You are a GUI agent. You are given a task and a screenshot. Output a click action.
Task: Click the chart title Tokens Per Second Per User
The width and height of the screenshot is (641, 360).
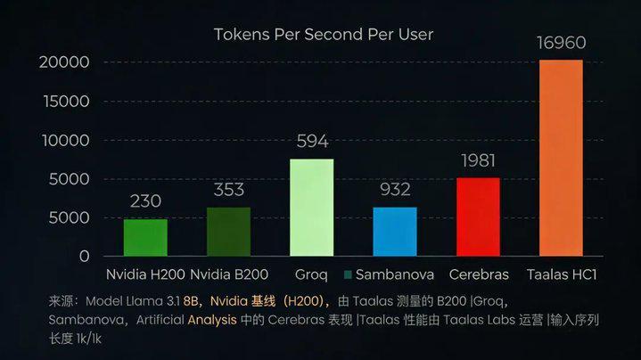click(x=324, y=35)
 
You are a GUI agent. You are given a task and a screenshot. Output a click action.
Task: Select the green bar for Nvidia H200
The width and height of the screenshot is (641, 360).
click(x=145, y=237)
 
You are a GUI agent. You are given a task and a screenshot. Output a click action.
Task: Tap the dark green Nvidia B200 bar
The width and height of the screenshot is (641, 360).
click(x=229, y=232)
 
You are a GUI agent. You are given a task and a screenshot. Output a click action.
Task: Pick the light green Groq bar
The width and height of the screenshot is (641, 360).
click(x=312, y=208)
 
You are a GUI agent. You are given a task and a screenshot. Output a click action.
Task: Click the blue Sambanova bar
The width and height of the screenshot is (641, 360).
click(x=395, y=232)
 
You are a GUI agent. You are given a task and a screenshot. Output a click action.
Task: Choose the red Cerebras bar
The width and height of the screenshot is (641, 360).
click(x=478, y=217)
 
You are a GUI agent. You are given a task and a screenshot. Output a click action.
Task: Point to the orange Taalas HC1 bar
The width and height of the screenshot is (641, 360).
click(x=561, y=158)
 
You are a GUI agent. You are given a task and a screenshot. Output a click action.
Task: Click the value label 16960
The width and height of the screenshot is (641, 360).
click(x=562, y=42)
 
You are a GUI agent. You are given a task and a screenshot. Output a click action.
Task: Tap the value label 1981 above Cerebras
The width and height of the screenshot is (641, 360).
click(x=479, y=160)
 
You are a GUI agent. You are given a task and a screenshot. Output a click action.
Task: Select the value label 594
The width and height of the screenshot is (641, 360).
click(x=312, y=142)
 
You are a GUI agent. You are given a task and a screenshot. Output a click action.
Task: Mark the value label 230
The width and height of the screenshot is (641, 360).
click(x=146, y=201)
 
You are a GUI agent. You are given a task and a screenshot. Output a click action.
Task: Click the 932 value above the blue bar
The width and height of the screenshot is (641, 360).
click(x=395, y=190)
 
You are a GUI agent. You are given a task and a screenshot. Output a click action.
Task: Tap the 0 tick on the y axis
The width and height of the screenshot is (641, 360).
click(x=83, y=257)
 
